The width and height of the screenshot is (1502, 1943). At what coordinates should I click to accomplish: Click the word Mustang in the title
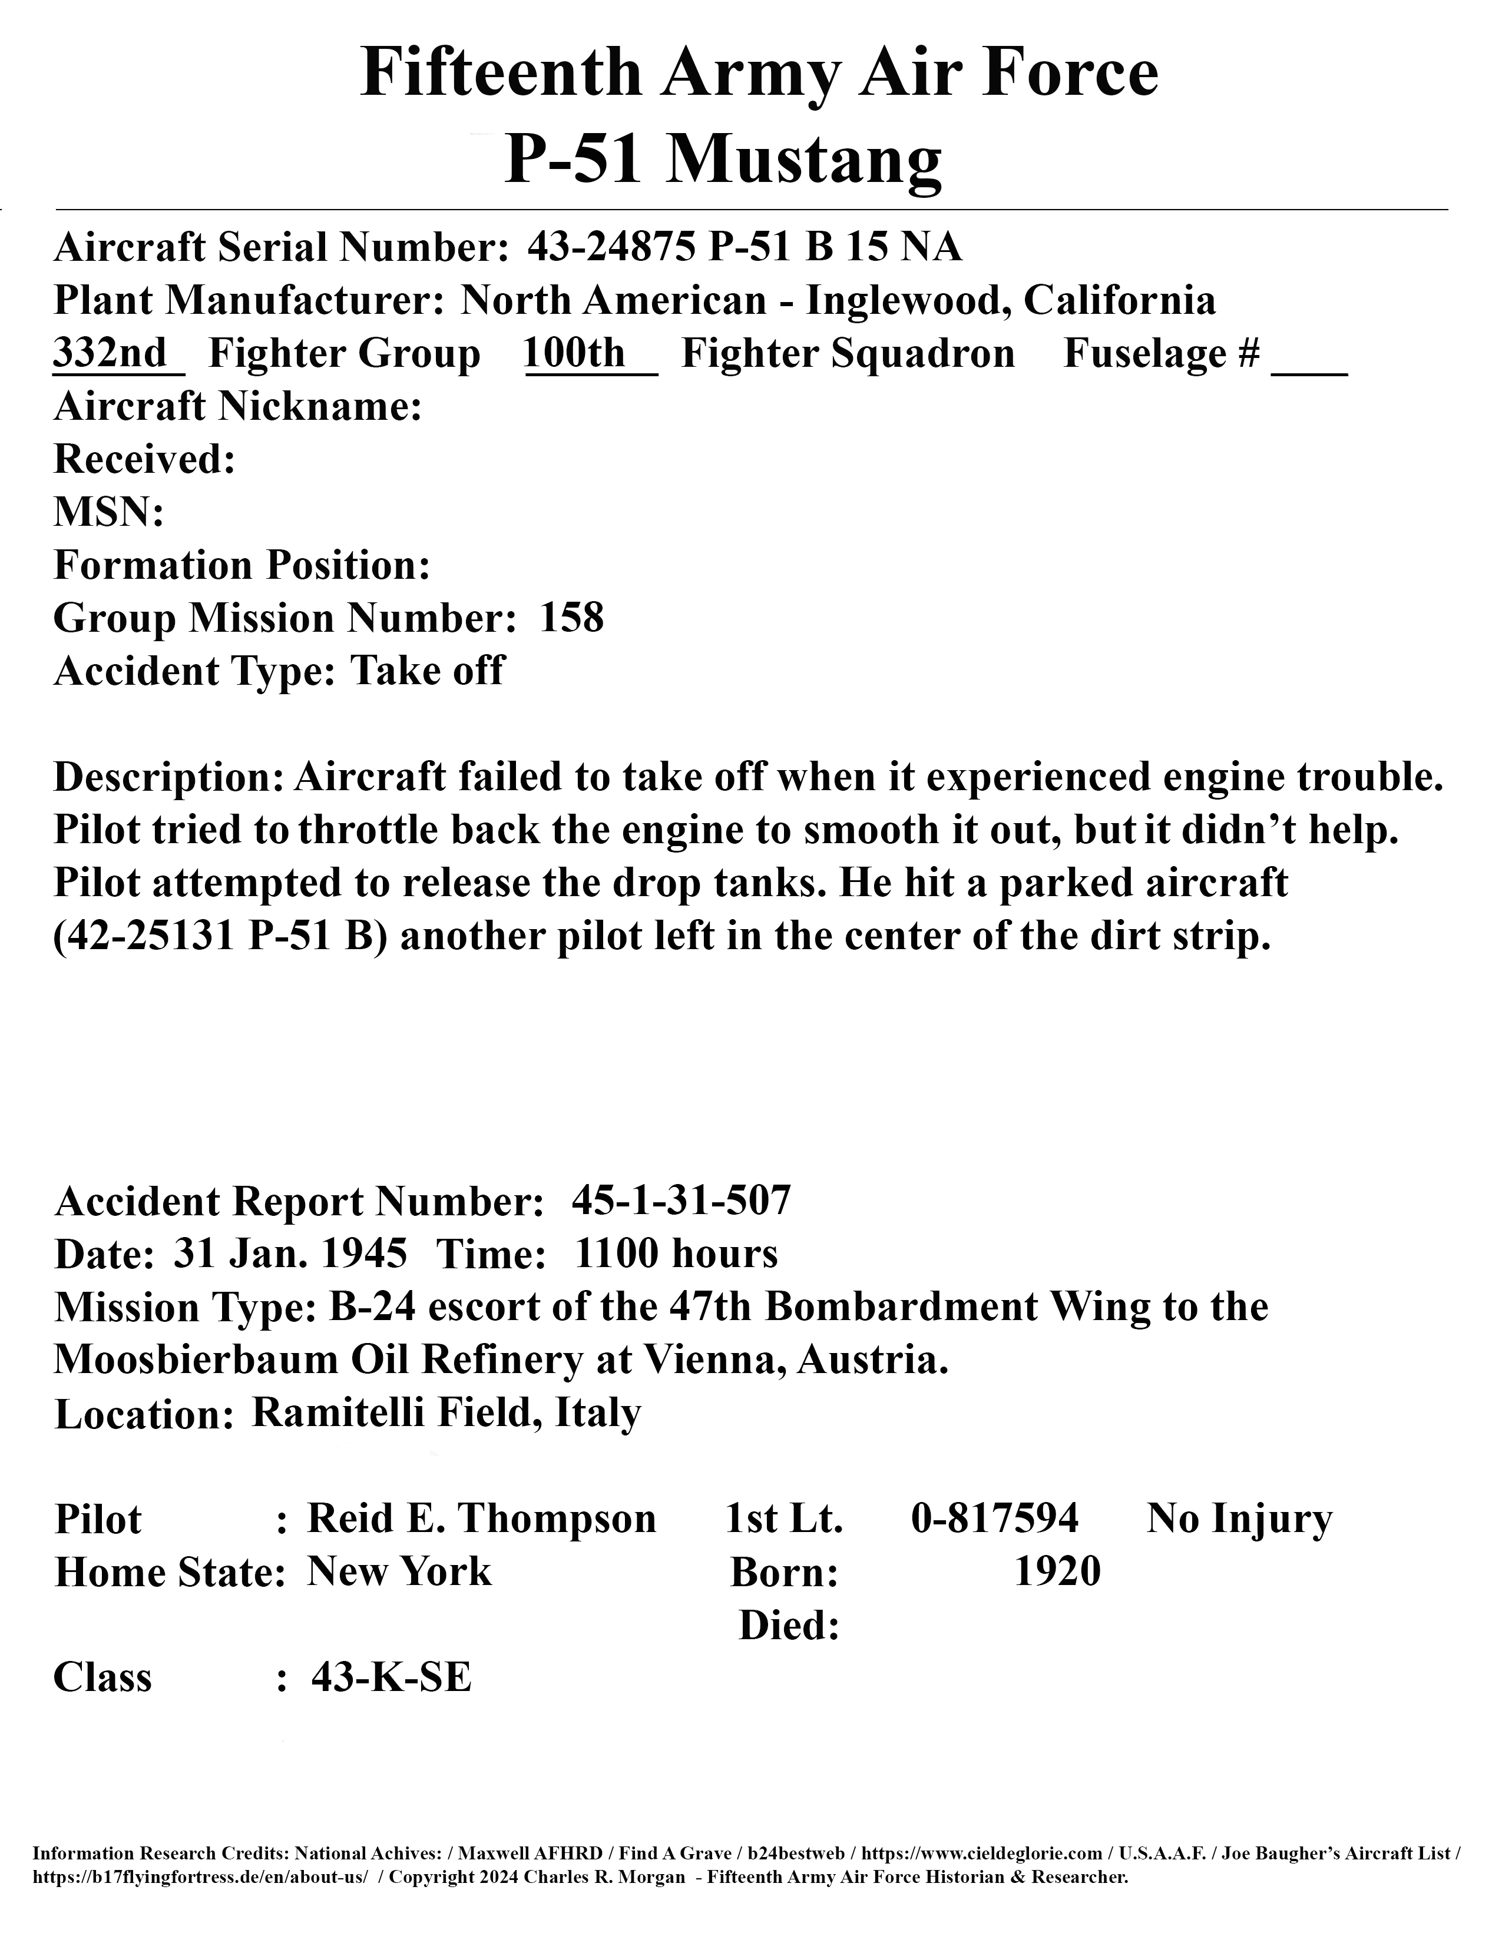tap(805, 161)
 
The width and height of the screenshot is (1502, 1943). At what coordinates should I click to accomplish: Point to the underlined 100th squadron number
tap(575, 353)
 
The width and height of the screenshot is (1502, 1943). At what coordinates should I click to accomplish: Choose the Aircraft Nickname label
tap(237, 407)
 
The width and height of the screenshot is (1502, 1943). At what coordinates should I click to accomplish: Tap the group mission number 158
tap(572, 618)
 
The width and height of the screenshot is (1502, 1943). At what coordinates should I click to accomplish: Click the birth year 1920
tap(1057, 1572)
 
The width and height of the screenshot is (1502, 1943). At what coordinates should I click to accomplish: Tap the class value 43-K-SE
tap(391, 1678)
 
